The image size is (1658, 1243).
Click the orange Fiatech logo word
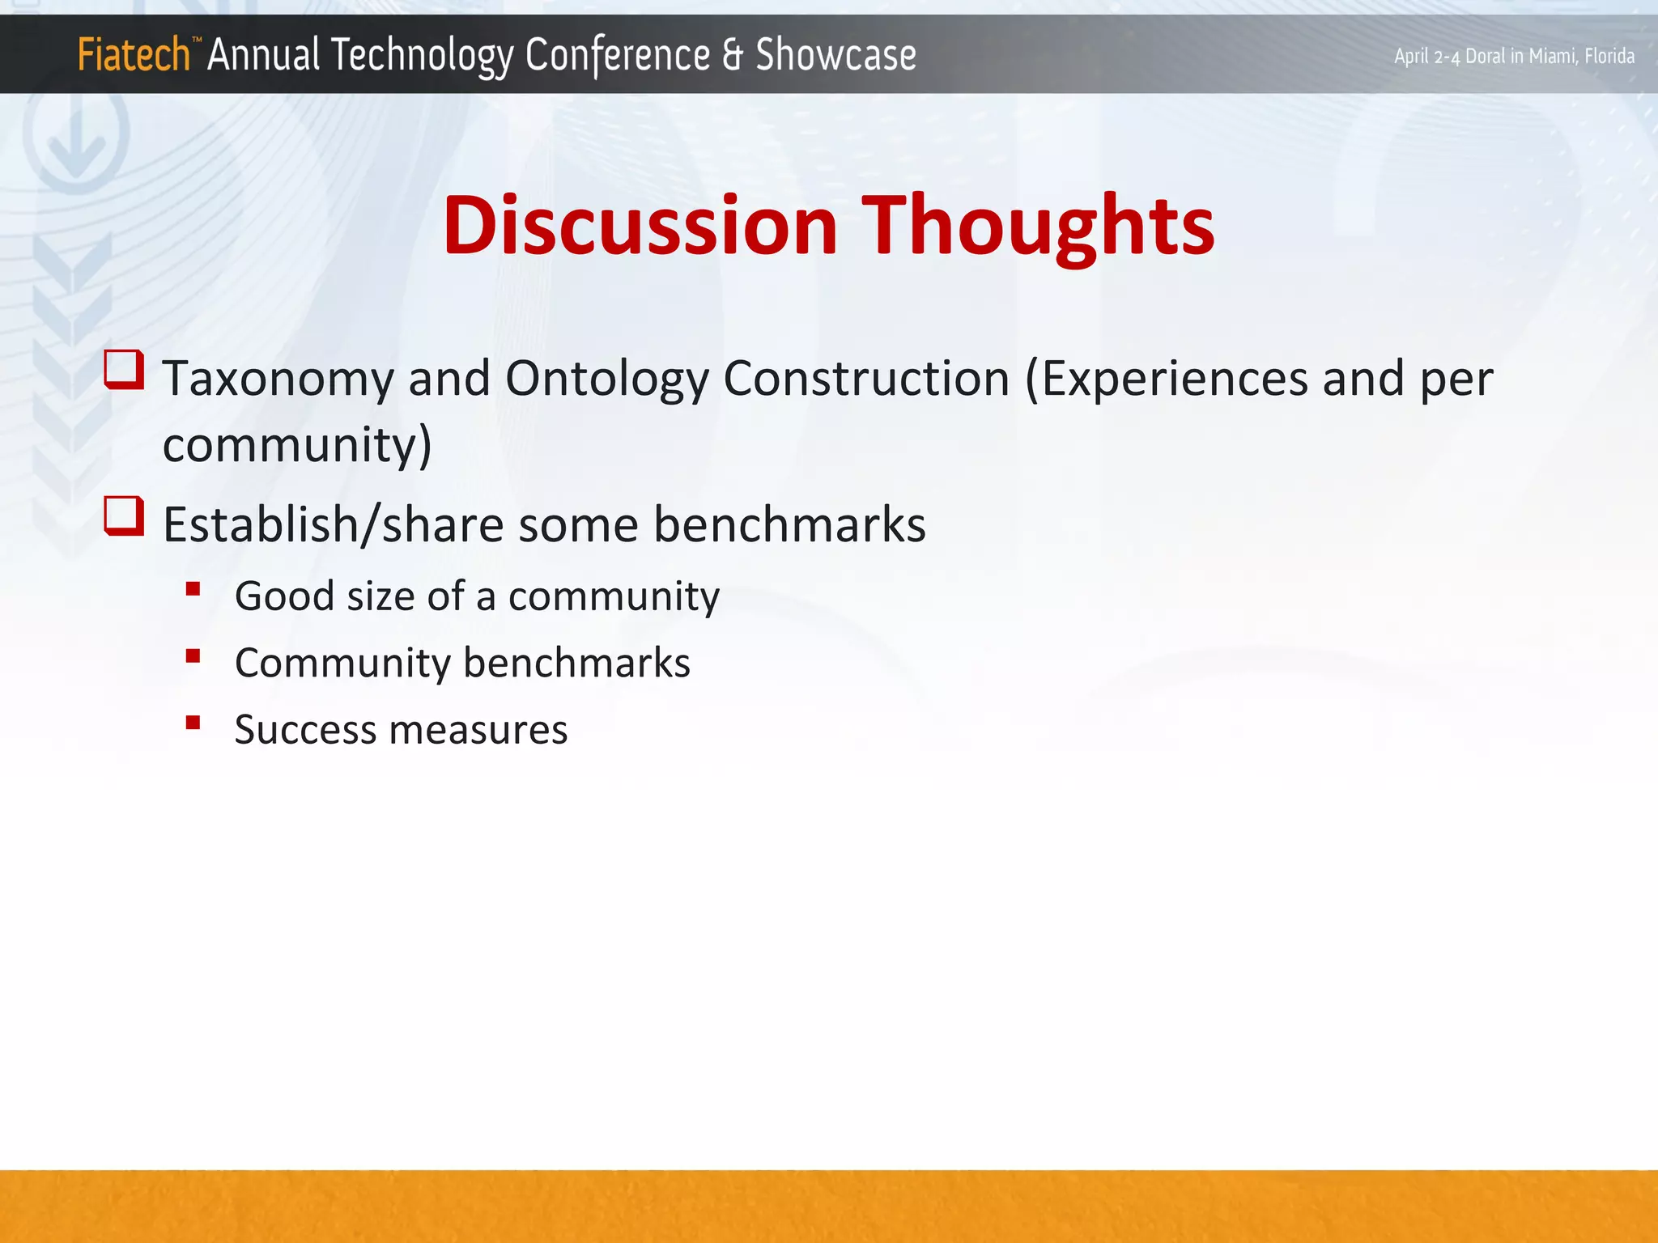pyautogui.click(x=134, y=55)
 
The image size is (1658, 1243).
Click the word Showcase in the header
pyautogui.click(x=835, y=55)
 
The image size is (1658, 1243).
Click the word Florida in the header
pyautogui.click(x=1609, y=56)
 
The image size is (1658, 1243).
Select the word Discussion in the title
pyautogui.click(x=640, y=226)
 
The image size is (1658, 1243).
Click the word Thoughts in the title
pyautogui.click(x=1037, y=227)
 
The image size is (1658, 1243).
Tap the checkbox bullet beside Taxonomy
pyautogui.click(x=125, y=370)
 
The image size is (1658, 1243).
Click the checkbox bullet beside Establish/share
pyautogui.click(x=125, y=516)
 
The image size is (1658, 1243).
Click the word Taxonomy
pyautogui.click(x=278, y=379)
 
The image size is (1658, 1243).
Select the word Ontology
pyautogui.click(x=606, y=379)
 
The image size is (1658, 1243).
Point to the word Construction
pyautogui.click(x=865, y=378)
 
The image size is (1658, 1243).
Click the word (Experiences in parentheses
pyautogui.click(x=1166, y=379)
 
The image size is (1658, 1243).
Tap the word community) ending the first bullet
pyautogui.click(x=297, y=444)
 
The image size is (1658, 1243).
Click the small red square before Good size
pyautogui.click(x=193, y=589)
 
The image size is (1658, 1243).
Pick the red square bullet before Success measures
pyautogui.click(x=193, y=723)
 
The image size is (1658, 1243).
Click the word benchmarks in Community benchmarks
pyautogui.click(x=576, y=663)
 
